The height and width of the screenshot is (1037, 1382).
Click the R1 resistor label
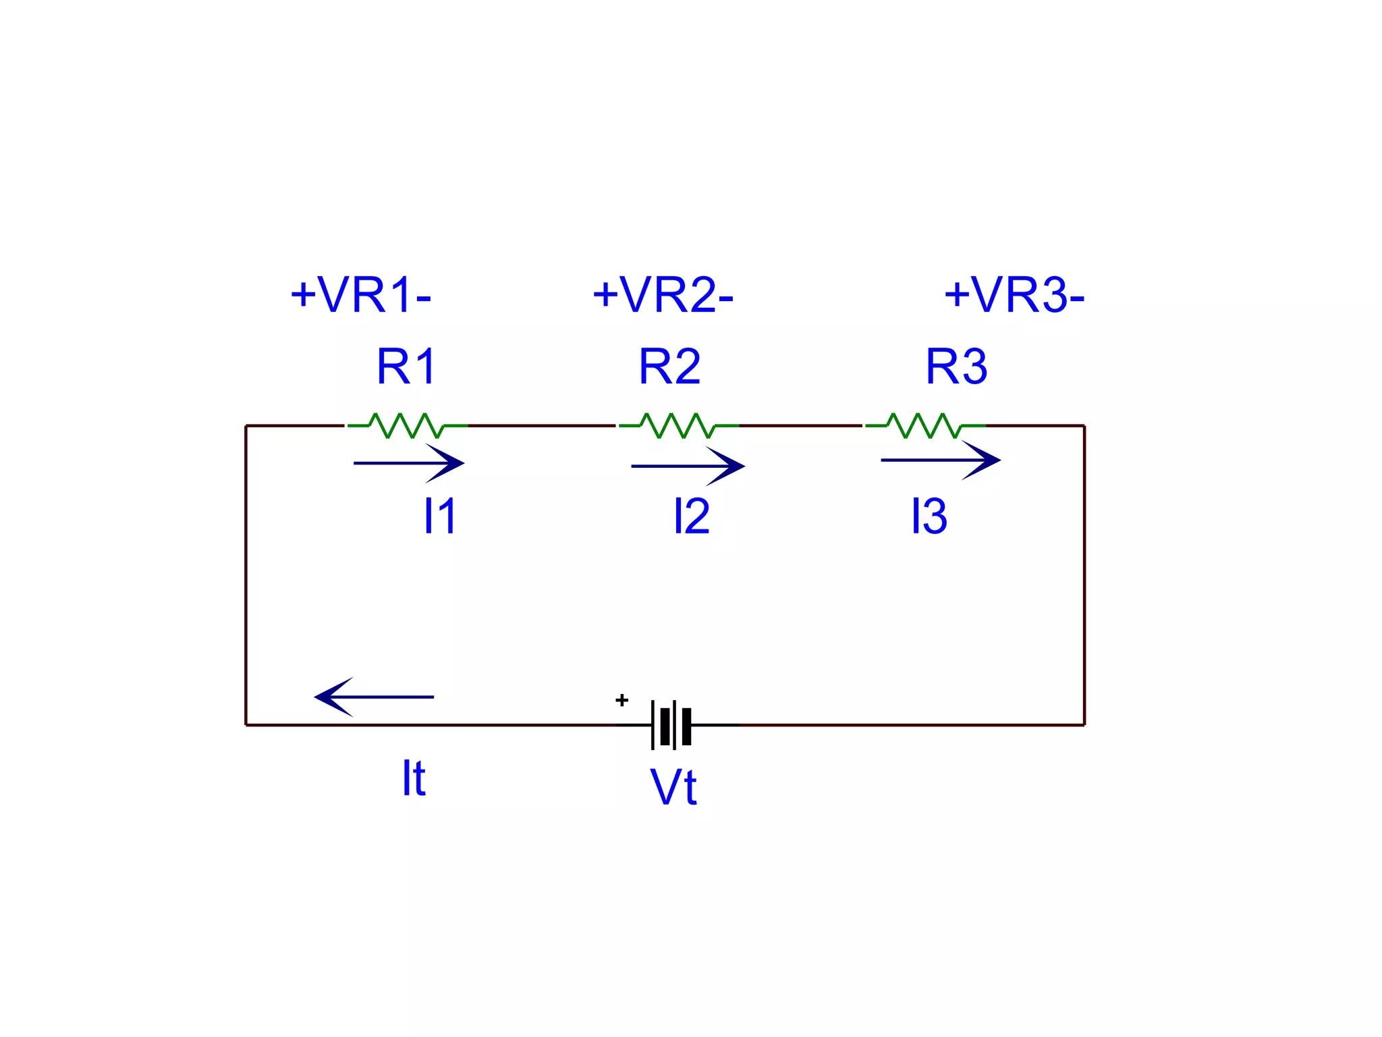(407, 367)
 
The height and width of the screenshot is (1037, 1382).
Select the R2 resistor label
(669, 367)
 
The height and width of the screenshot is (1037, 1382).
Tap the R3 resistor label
(956, 367)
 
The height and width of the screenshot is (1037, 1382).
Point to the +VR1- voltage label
(360, 295)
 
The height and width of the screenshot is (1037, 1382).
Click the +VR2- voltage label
(663, 295)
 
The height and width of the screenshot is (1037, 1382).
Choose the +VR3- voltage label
(1014, 295)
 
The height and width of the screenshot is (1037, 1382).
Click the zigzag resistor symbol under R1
(407, 425)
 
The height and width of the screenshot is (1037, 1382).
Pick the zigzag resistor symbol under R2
(678, 425)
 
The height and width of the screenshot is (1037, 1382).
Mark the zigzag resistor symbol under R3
(925, 425)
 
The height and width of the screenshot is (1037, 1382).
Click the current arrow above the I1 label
(409, 463)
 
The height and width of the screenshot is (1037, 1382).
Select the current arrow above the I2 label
(688, 466)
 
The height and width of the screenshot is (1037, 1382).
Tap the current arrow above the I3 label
(941, 460)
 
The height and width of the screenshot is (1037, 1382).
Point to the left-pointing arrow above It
(375, 697)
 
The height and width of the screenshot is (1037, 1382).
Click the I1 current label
(440, 516)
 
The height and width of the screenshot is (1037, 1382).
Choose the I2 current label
(692, 516)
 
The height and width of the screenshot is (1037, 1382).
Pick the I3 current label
(929, 516)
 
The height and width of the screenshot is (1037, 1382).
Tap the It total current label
(414, 778)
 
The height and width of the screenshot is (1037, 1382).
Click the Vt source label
(673, 787)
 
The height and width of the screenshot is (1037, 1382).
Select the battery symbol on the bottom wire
(672, 725)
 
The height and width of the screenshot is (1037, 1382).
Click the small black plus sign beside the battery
(622, 700)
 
